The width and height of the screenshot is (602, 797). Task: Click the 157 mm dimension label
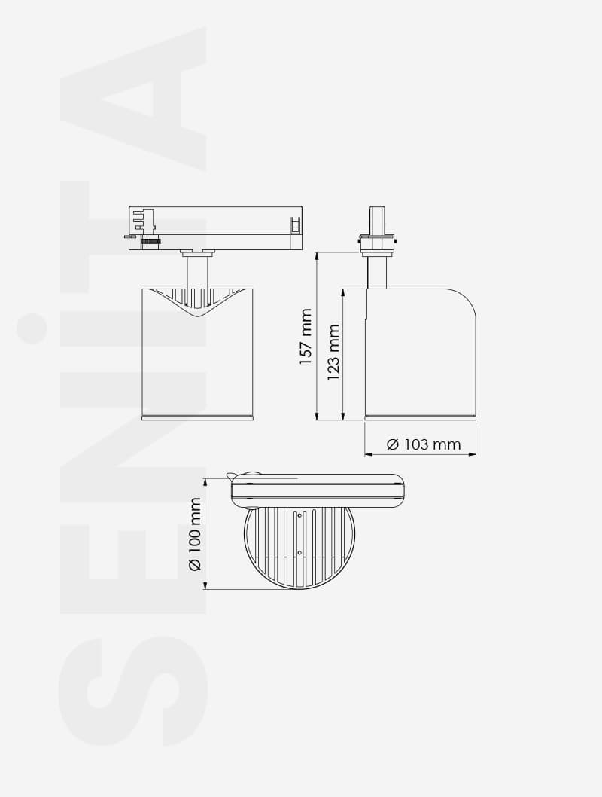pos(306,337)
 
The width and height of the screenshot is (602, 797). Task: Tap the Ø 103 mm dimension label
pos(424,444)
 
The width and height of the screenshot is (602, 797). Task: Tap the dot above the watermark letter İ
pos(32,330)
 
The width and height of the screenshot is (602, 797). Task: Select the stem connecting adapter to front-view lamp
pos(197,272)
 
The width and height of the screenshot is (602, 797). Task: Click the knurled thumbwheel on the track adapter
pos(152,242)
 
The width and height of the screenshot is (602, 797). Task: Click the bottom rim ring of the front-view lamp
pos(197,417)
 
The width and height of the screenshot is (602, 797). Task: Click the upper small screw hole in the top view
pos(299,515)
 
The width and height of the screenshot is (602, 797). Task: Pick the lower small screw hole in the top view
pos(299,552)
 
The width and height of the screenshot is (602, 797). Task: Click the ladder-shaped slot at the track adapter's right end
pos(295,224)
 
